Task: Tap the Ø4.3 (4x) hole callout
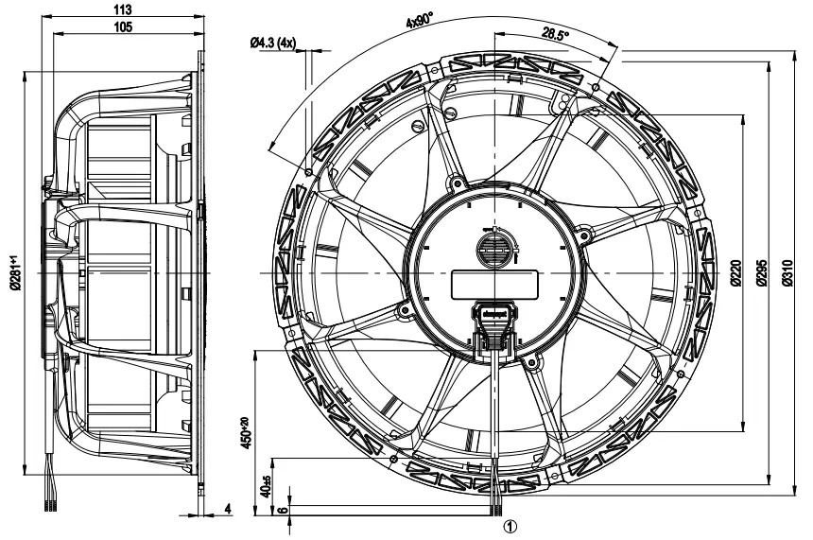(273, 43)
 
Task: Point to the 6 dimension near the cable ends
(281, 509)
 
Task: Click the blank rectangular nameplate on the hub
(493, 284)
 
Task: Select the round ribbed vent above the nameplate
(495, 249)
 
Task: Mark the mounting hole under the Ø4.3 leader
(310, 170)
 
